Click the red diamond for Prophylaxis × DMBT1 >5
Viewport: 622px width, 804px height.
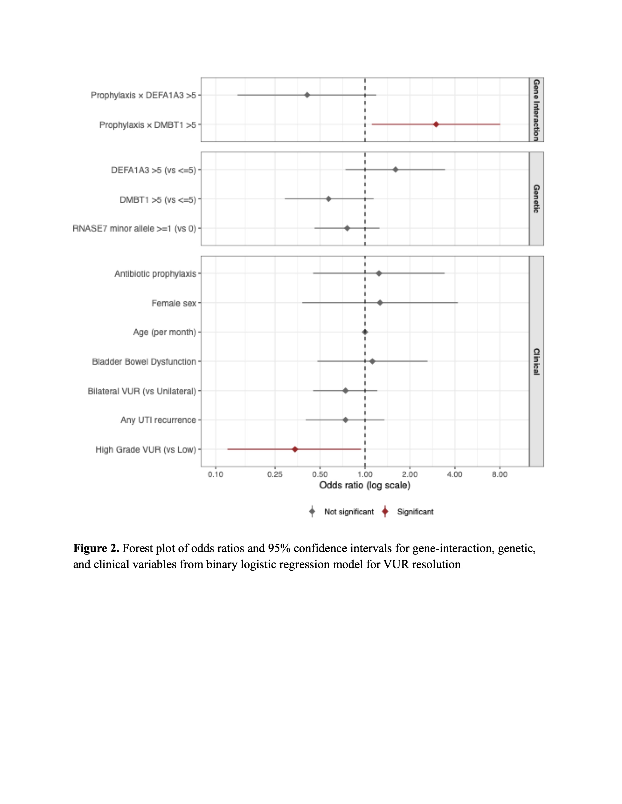(436, 124)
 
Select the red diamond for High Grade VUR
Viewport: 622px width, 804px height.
(295, 449)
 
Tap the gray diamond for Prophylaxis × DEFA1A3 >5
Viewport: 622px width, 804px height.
(307, 95)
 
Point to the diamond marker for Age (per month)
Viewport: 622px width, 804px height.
(365, 332)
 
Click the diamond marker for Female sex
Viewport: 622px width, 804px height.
(380, 303)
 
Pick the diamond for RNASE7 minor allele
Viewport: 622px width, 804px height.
(347, 228)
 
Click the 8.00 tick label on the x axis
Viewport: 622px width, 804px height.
(500, 475)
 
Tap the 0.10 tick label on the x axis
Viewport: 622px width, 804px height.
(216, 475)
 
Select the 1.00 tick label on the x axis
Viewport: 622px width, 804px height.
(365, 475)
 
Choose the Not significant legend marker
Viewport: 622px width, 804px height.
(312, 511)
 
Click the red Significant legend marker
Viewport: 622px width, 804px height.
(385, 511)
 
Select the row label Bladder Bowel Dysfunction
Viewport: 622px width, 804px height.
(144, 362)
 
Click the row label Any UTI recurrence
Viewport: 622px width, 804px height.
(159, 420)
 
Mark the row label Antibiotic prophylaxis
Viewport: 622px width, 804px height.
(156, 274)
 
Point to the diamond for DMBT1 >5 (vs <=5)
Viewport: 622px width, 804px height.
(328, 199)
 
